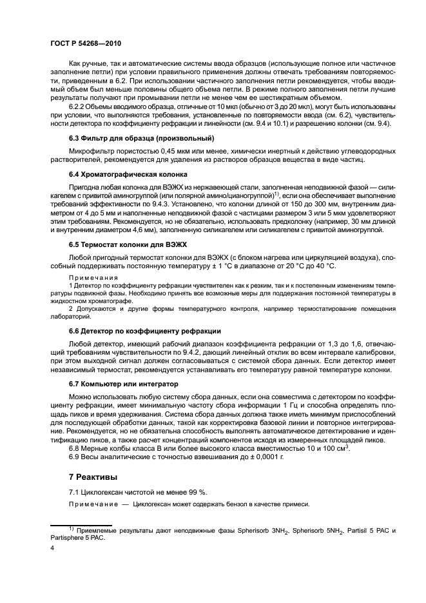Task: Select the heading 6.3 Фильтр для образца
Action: coord(141,139)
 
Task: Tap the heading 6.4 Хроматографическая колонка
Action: coord(128,174)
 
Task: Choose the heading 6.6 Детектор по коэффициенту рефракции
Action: coord(145,330)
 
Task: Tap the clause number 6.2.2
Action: coord(79,106)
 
